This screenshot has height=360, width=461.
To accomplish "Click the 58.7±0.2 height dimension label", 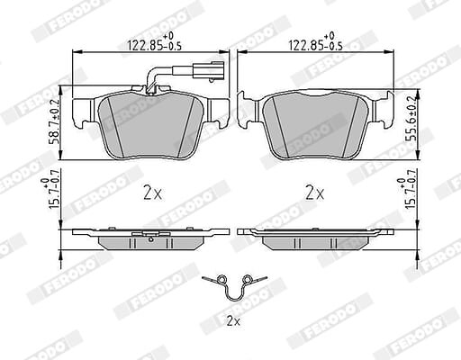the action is (55, 121).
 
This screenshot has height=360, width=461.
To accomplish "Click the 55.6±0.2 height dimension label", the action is (411, 118).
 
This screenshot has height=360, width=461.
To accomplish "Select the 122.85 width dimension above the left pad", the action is (155, 41).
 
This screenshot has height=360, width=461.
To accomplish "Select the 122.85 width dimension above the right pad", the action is (315, 41).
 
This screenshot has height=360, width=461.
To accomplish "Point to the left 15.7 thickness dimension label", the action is (50, 193).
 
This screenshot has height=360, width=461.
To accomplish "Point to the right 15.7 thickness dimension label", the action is (407, 193).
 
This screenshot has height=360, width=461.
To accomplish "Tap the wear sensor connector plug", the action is (209, 70).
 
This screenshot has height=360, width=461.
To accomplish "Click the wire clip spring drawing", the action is (234, 287).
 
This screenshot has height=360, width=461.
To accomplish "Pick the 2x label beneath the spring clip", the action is (234, 322).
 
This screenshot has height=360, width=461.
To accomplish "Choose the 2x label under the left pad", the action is (152, 193).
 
